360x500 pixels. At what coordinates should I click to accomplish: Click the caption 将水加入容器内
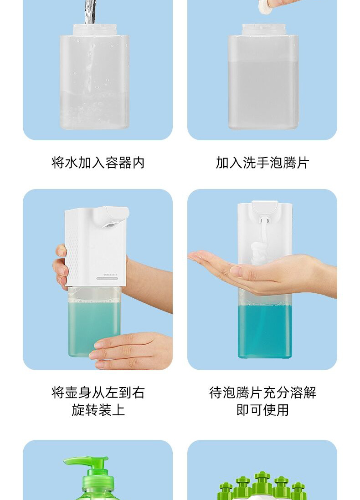tap(98, 163)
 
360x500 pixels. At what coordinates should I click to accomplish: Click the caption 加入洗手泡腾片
tap(262, 163)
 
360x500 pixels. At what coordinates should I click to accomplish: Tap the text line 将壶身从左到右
tap(98, 393)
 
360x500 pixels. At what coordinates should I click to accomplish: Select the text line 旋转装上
tap(98, 410)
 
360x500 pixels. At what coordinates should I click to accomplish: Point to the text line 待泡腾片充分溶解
tap(262, 393)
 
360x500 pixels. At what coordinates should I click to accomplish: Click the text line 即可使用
tap(262, 410)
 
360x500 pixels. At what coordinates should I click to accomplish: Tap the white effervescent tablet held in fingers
tap(265, 7)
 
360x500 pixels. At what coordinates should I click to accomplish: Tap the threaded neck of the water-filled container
tap(94, 30)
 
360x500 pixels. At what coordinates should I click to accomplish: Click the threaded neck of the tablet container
tap(263, 30)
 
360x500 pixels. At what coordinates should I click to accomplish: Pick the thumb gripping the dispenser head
tap(61, 251)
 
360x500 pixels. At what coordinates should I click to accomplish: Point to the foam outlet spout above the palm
tap(265, 219)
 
